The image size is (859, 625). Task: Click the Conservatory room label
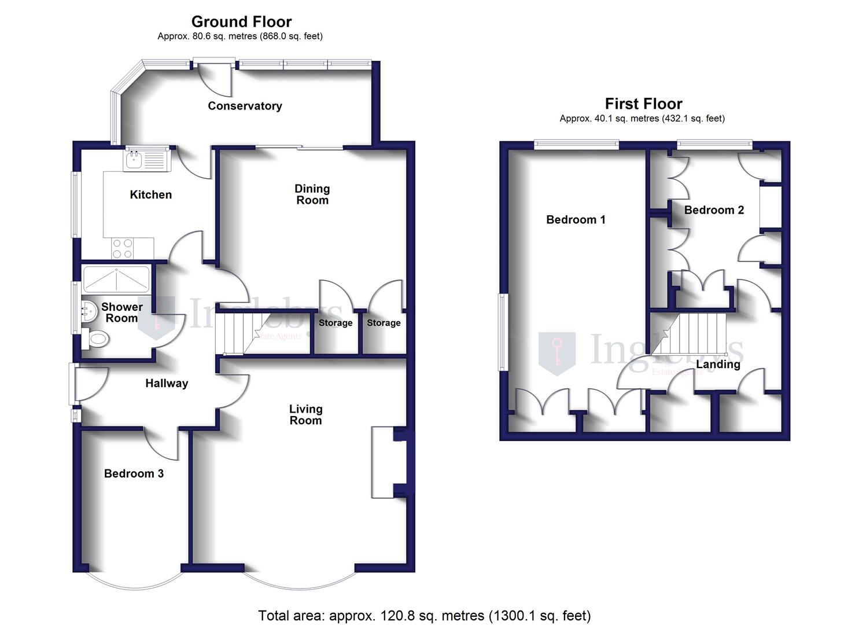tap(245, 106)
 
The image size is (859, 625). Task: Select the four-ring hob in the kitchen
tap(123, 248)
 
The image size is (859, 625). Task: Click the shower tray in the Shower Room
tap(116, 279)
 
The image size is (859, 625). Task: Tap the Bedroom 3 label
tap(134, 473)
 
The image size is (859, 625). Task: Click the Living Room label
tap(305, 414)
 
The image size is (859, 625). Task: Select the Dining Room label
tap(312, 194)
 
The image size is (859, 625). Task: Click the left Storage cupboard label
tap(336, 323)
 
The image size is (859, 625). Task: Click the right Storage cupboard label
tap(384, 323)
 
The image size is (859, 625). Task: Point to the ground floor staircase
tap(243, 333)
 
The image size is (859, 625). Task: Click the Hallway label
tap(167, 383)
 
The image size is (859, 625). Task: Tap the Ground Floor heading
tap(241, 22)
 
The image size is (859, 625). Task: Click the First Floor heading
tap(643, 104)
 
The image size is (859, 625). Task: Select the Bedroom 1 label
tap(576, 219)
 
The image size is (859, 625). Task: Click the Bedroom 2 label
tap(714, 210)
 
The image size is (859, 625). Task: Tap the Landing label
tap(718, 364)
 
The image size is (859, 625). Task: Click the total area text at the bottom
tap(424, 615)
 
